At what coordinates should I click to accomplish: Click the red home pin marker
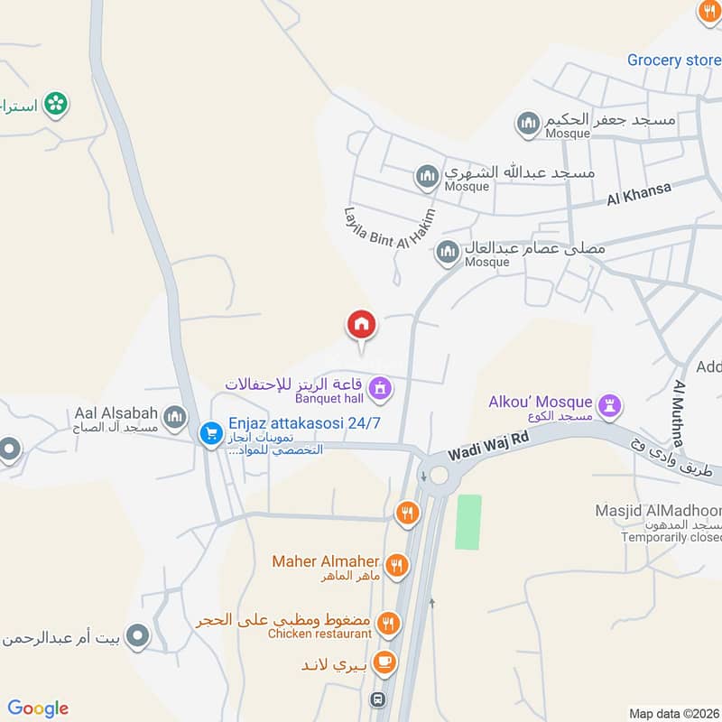(x=362, y=325)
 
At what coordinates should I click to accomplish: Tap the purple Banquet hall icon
(x=382, y=388)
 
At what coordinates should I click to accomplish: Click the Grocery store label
(x=673, y=60)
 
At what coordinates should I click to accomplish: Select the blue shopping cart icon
(x=211, y=434)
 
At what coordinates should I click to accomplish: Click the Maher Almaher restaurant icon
(x=395, y=566)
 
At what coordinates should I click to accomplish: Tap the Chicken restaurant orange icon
(x=388, y=622)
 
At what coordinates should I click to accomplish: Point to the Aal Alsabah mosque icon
(x=175, y=416)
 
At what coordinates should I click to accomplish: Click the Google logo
(x=38, y=708)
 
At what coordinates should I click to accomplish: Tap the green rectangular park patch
(x=467, y=523)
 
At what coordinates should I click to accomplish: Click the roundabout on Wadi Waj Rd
(x=438, y=473)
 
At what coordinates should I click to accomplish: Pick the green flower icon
(x=56, y=104)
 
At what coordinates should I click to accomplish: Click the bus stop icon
(x=378, y=699)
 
